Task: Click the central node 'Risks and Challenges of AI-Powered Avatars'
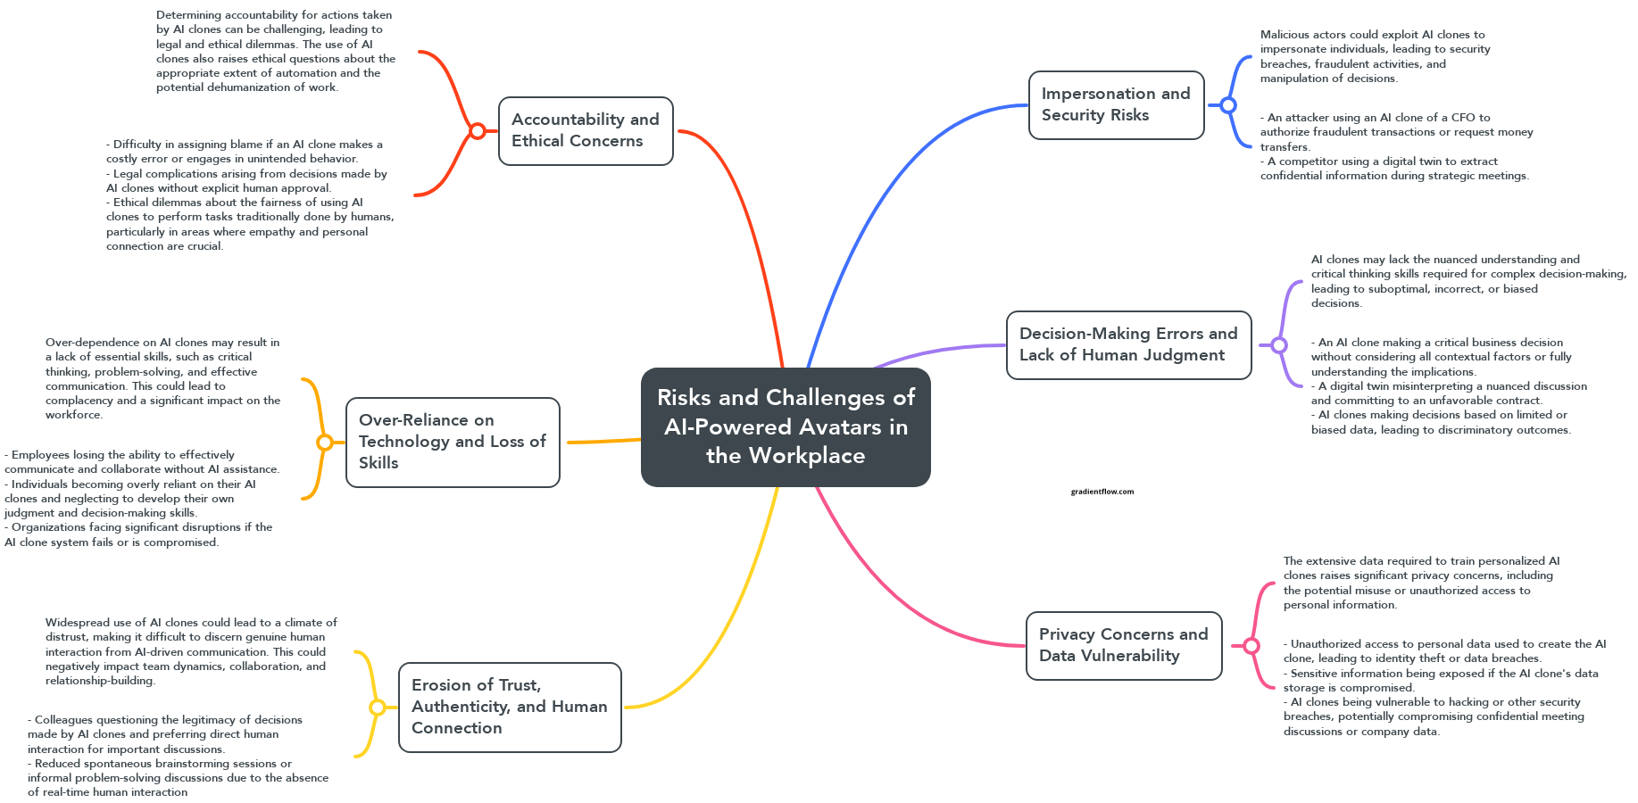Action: [786, 426]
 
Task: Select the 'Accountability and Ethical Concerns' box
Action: [586, 130]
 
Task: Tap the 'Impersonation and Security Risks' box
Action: [1116, 104]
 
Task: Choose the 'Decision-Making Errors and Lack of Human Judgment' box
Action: [1128, 344]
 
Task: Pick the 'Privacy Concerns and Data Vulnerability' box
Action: [1123, 645]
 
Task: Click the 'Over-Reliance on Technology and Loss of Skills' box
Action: [453, 442]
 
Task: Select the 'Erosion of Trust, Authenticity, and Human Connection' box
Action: [509, 707]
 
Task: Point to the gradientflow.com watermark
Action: [1102, 492]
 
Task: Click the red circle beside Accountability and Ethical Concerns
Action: [478, 131]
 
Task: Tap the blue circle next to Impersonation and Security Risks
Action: [1228, 105]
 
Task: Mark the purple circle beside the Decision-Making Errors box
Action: [1279, 345]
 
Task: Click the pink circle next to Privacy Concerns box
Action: [1251, 646]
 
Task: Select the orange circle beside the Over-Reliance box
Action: [325, 443]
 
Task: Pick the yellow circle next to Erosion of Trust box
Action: [378, 708]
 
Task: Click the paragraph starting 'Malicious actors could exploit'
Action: [1375, 56]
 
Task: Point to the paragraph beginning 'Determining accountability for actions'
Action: [275, 51]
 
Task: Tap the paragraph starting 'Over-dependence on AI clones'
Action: [162, 378]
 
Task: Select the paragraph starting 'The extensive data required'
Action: [1421, 583]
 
